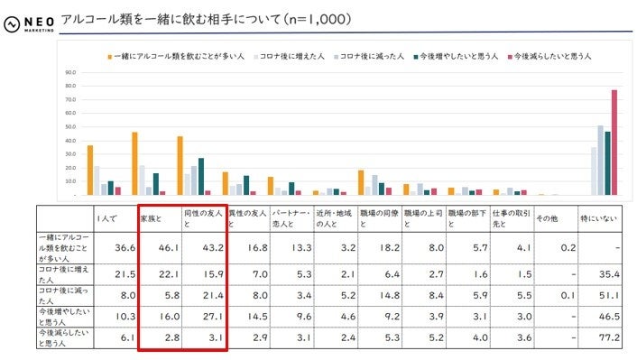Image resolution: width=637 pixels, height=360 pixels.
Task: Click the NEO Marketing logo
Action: tap(29, 21)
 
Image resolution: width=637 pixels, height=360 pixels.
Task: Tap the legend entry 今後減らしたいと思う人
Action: tap(551, 57)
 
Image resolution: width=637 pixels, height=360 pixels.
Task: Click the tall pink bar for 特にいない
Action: tap(614, 142)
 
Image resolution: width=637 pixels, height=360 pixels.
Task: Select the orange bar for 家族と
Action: tap(134, 163)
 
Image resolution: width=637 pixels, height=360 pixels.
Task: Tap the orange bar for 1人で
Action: tap(89, 170)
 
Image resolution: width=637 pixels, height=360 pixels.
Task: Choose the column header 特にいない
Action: tap(596, 218)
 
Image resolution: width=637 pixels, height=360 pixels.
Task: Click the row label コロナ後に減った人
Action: tap(63, 292)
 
